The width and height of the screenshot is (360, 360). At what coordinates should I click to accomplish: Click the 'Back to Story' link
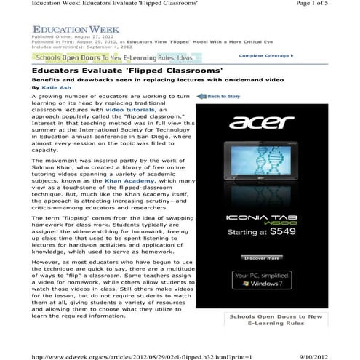pyautogui.click(x=221, y=96)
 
